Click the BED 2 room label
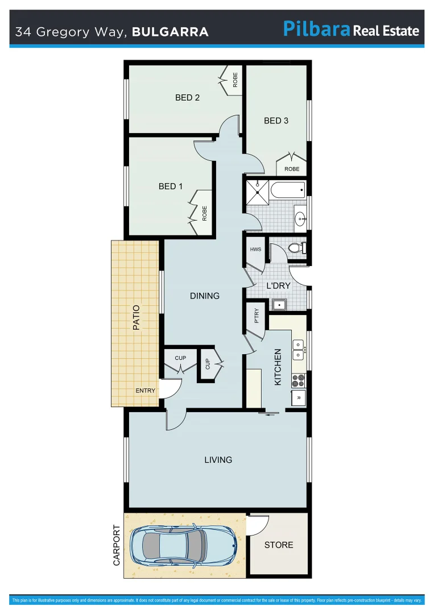coord(187,98)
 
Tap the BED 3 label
coord(276,121)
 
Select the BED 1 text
coord(171,186)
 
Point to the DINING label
coord(204,296)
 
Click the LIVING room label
coord(218,460)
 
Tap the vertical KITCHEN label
coord(278,367)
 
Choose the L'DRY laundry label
coord(279,286)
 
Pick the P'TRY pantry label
coord(257,316)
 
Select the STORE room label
coord(279,545)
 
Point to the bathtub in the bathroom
coord(288,189)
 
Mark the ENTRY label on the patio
coord(145,391)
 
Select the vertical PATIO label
coord(136,318)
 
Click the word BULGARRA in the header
coord(170,32)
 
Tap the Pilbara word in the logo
coord(316,29)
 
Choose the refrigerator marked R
coord(299,397)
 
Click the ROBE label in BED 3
coord(292,169)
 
